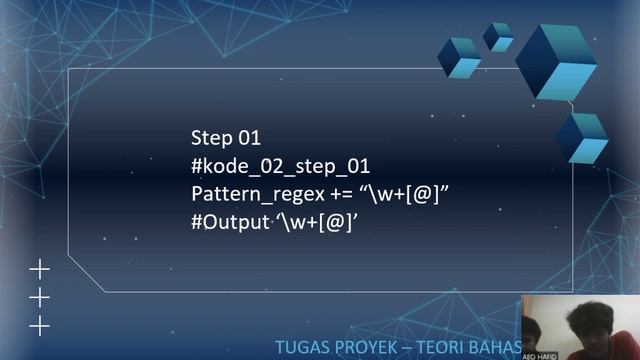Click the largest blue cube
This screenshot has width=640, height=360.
point(557,60)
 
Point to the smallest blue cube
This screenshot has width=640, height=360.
point(498,37)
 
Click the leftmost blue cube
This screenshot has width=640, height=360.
point(460,57)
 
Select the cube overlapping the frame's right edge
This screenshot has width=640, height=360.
point(582,137)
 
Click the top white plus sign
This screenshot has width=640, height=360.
point(39,269)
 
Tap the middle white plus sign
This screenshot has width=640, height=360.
point(39,297)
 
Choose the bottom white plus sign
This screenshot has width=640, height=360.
point(39,325)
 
